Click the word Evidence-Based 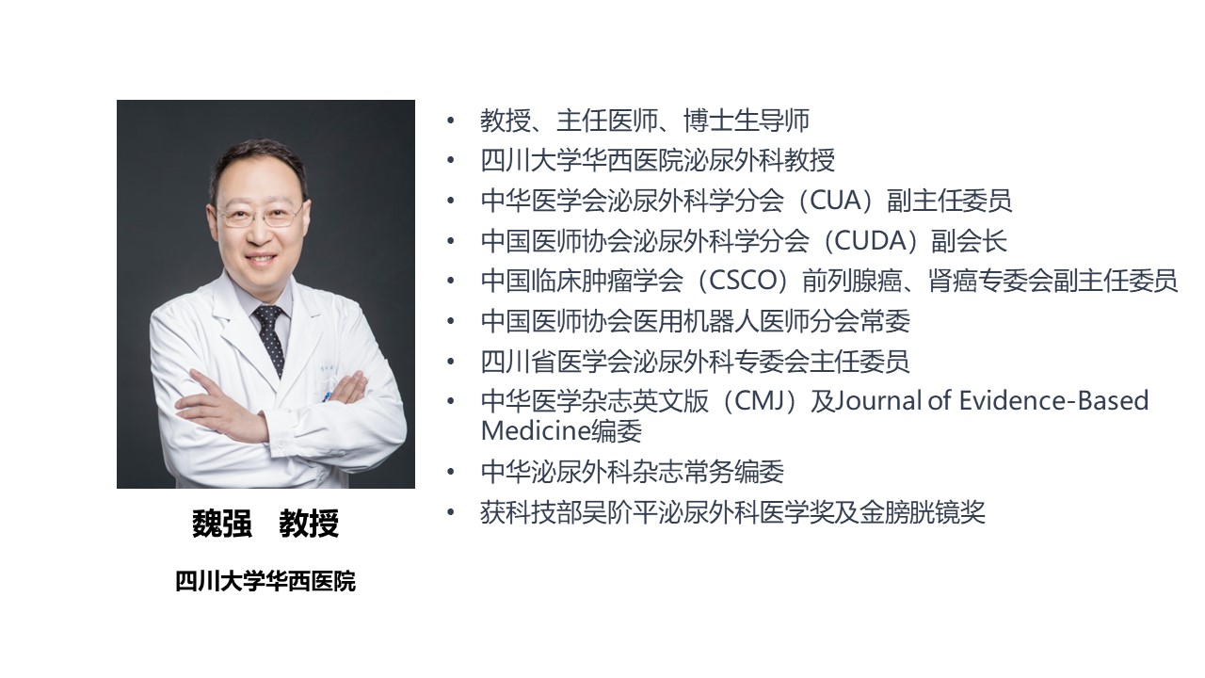(x=1053, y=401)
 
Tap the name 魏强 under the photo (x=222, y=523)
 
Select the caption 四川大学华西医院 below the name (x=265, y=582)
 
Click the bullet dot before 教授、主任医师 (x=450, y=120)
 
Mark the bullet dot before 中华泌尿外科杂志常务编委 (x=450, y=473)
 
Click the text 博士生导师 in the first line (x=747, y=121)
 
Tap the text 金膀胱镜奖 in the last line (x=922, y=512)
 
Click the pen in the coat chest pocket (x=326, y=397)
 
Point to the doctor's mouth (x=261, y=259)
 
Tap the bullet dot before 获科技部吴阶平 (x=450, y=512)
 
